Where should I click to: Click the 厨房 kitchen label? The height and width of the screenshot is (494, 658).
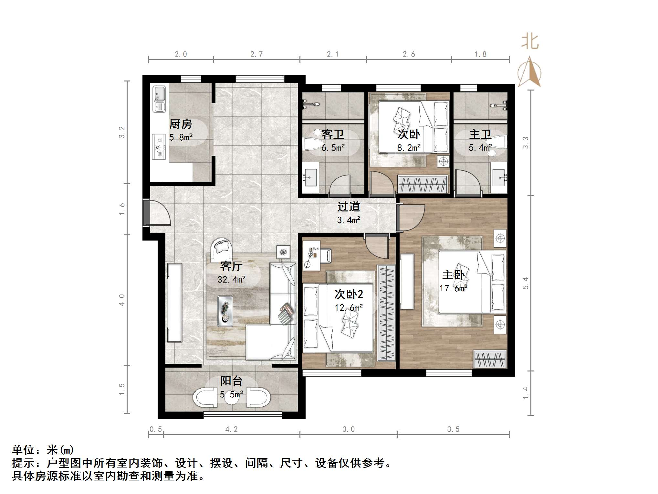(x=181, y=124)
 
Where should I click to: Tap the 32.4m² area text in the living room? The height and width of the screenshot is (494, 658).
(x=231, y=279)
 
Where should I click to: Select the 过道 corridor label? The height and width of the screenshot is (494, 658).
(x=349, y=207)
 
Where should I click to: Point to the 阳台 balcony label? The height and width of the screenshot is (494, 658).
(x=231, y=381)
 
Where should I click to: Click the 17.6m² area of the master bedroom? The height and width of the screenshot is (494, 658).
(x=454, y=288)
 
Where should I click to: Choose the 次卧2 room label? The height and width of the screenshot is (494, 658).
(x=349, y=294)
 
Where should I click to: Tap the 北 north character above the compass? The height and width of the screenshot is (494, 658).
(x=530, y=42)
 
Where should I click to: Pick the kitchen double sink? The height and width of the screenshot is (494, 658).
(x=159, y=99)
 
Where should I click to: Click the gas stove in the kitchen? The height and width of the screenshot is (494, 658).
(x=159, y=147)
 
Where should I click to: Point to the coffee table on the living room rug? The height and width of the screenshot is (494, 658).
(x=225, y=311)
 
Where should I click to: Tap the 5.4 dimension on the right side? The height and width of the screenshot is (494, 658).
(x=526, y=283)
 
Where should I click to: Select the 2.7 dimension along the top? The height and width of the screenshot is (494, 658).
(x=256, y=54)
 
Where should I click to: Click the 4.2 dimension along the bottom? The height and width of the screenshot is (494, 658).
(x=231, y=429)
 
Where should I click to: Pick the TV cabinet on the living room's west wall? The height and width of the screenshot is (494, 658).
(x=174, y=303)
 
